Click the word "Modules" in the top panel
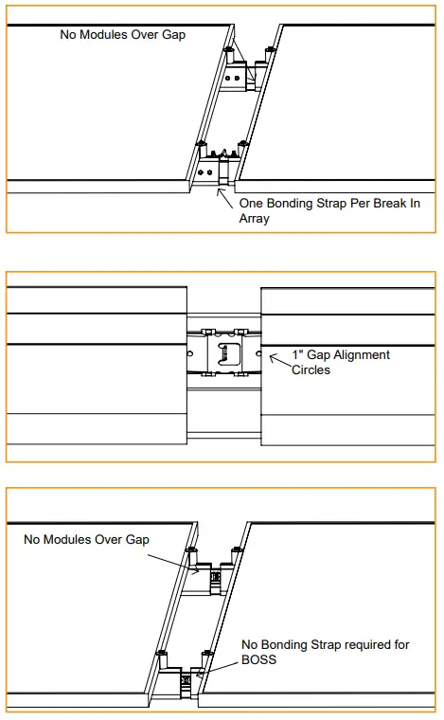click(103, 34)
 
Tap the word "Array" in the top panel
click(254, 219)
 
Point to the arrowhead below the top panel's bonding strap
click(221, 192)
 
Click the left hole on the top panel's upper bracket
click(228, 78)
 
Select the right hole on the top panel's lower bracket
click(209, 172)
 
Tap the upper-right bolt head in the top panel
click(269, 49)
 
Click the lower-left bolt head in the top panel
click(200, 144)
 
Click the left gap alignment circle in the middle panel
click(190, 353)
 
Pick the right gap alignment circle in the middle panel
click(258, 353)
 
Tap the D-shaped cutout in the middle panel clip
click(229, 352)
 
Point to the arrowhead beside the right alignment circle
click(273, 357)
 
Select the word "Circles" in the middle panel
click(311, 370)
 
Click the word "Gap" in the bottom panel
click(137, 540)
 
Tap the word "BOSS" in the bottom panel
click(258, 660)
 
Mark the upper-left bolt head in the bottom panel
click(191, 549)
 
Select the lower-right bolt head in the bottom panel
click(207, 653)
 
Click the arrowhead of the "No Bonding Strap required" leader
click(199, 675)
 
